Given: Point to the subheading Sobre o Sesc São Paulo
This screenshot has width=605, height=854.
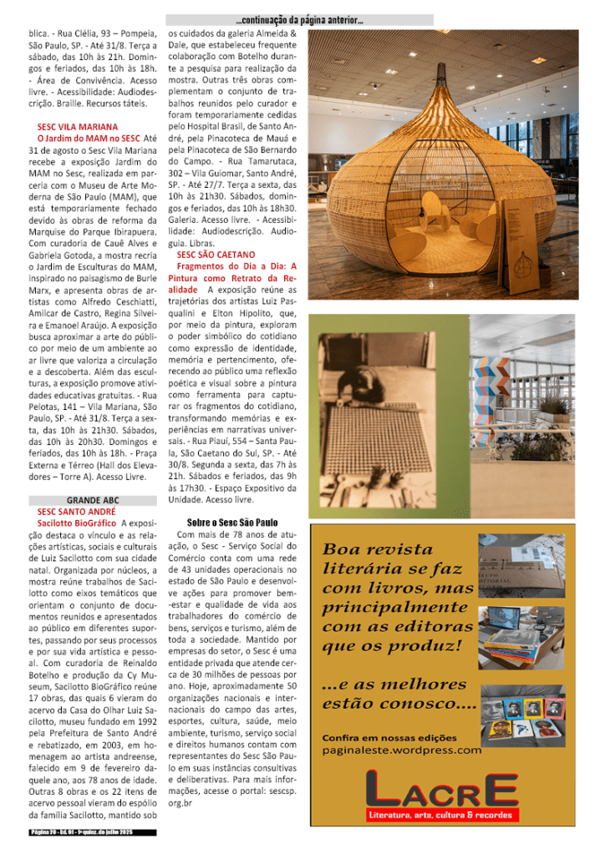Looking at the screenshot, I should [232, 522].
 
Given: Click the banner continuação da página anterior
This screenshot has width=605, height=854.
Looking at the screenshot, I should [299, 19].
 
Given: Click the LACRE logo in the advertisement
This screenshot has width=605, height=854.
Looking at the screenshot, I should [442, 789].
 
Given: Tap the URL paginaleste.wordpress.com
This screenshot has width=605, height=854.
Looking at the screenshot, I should [401, 749].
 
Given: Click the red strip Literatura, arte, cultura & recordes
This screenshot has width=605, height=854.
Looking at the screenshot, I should [442, 814].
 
